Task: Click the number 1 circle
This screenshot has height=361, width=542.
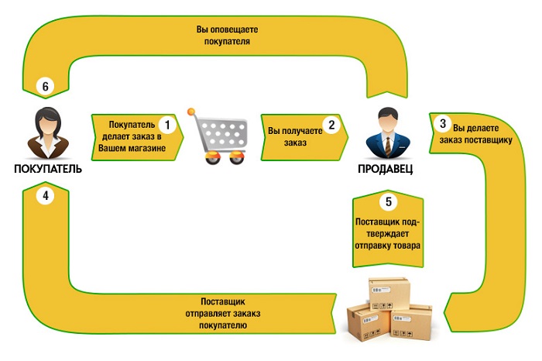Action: pos(165,123)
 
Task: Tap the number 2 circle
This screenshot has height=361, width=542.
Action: pos(331,124)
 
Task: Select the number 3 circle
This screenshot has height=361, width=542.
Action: pos(442,123)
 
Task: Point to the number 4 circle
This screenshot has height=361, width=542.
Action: pos(46,196)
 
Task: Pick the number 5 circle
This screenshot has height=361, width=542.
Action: pos(389,201)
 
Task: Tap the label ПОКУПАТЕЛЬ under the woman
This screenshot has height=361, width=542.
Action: pos(47,168)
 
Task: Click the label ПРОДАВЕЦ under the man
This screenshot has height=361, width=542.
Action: pos(386,168)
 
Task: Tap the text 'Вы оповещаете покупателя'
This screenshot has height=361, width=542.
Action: pos(227,36)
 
